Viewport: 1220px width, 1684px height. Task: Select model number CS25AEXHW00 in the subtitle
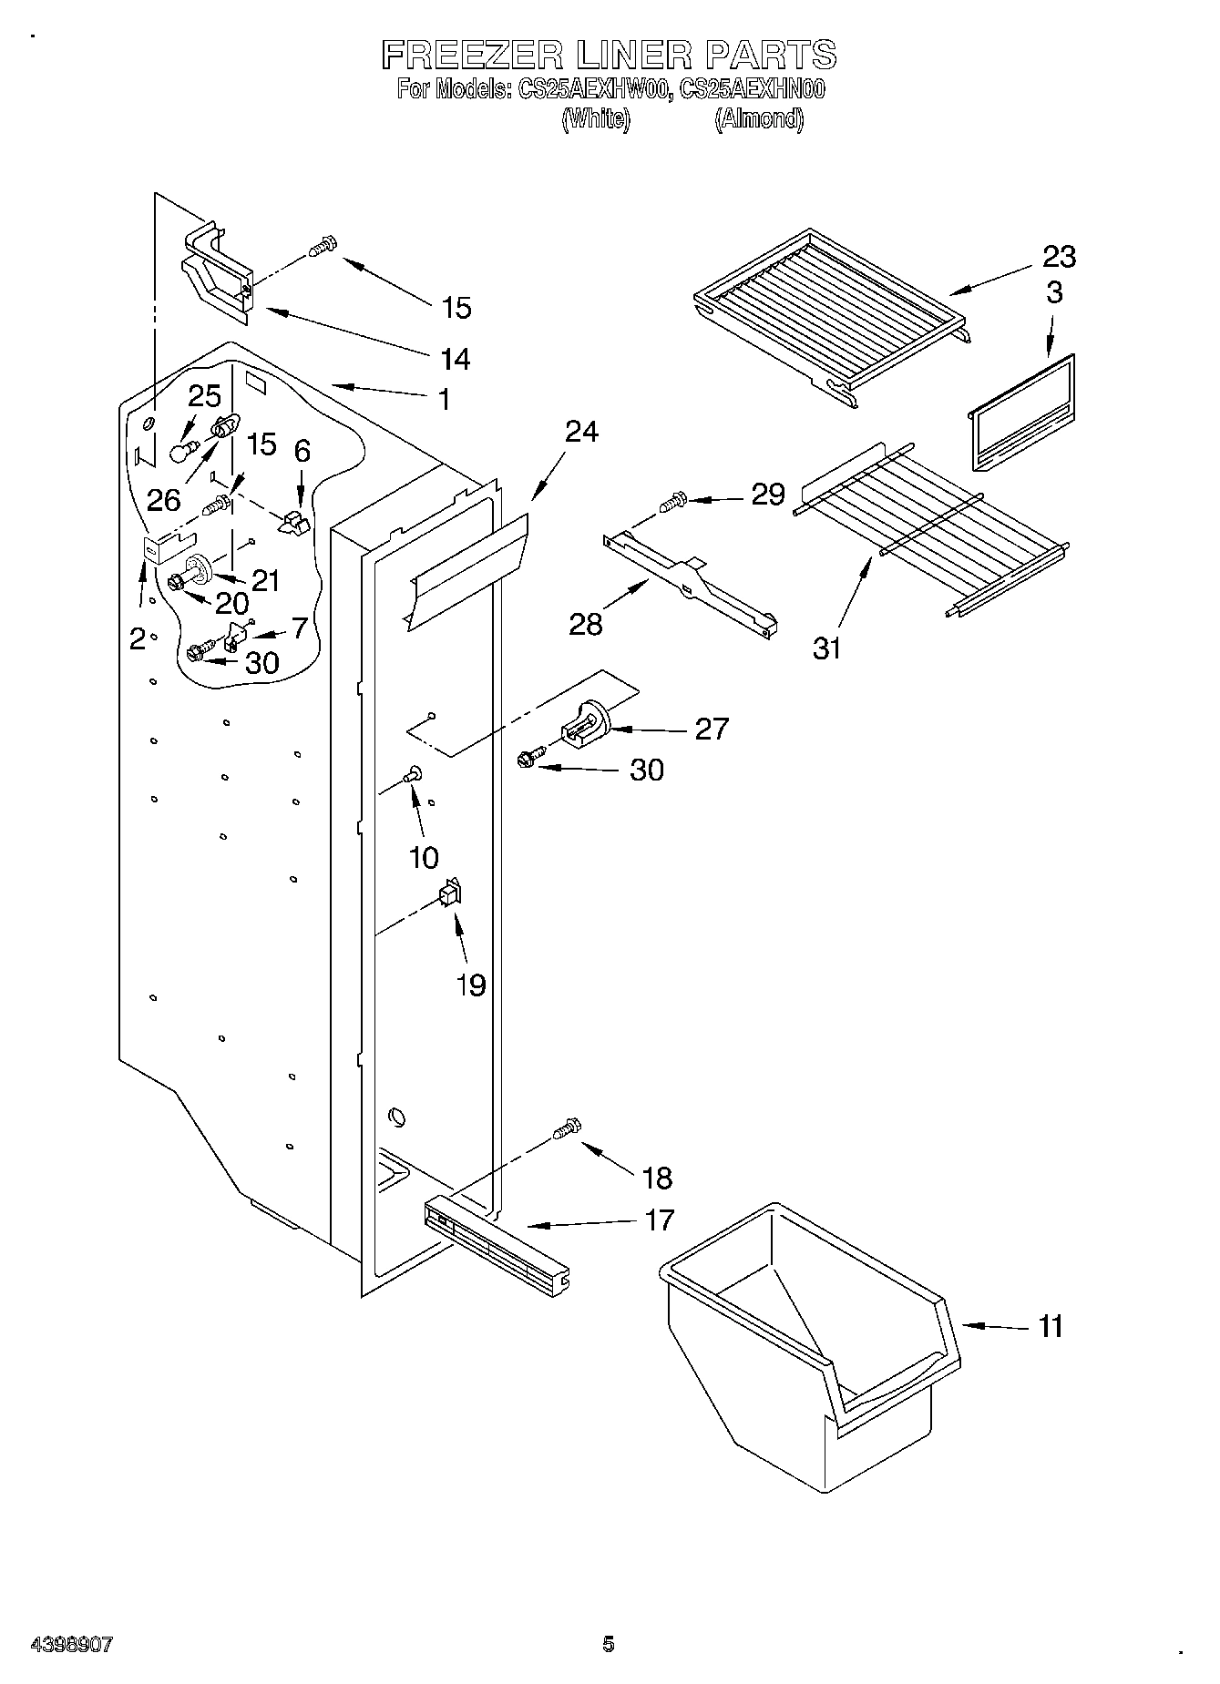(x=595, y=90)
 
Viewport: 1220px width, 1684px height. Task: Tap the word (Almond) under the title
(x=758, y=119)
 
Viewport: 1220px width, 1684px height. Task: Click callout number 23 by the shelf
(x=1059, y=257)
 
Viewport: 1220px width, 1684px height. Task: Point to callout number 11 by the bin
(x=1051, y=1326)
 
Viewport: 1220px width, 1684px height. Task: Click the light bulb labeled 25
(x=184, y=450)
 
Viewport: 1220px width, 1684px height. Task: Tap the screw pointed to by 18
(x=565, y=1128)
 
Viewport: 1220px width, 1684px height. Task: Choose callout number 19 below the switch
(x=470, y=985)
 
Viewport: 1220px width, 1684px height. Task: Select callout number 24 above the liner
(x=580, y=431)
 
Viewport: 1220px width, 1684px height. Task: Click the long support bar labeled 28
(x=692, y=587)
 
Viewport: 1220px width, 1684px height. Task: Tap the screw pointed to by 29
(x=672, y=501)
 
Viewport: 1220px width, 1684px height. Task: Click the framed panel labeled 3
(x=1020, y=412)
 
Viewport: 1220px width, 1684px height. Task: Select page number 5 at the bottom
(x=608, y=1644)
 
